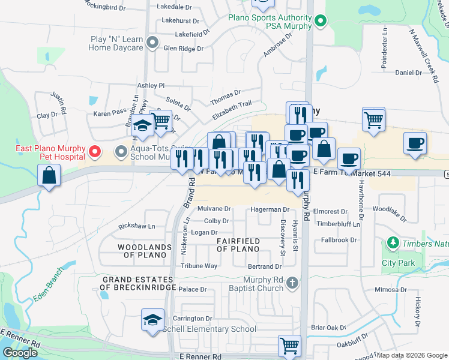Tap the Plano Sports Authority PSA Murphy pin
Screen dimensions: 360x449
pyautogui.click(x=321, y=22)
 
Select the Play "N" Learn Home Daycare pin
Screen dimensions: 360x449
pyautogui.click(x=152, y=43)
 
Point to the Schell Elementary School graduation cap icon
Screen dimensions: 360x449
pyautogui.click(x=152, y=319)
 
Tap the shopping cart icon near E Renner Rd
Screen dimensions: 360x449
pyautogui.click(x=289, y=346)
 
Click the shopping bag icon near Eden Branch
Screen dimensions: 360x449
pyautogui.click(x=49, y=176)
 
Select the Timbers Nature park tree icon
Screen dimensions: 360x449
pyautogui.click(x=393, y=243)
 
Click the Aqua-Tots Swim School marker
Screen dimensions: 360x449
pyautogui.click(x=121, y=151)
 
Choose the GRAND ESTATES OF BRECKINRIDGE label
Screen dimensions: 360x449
pyautogui.click(x=138, y=283)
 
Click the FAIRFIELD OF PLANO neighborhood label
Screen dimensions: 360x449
pyautogui.click(x=238, y=245)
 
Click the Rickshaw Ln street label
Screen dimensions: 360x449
pyautogui.click(x=137, y=226)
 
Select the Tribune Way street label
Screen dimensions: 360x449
pyautogui.click(x=199, y=266)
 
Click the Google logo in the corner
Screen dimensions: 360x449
pyautogui.click(x=20, y=353)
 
